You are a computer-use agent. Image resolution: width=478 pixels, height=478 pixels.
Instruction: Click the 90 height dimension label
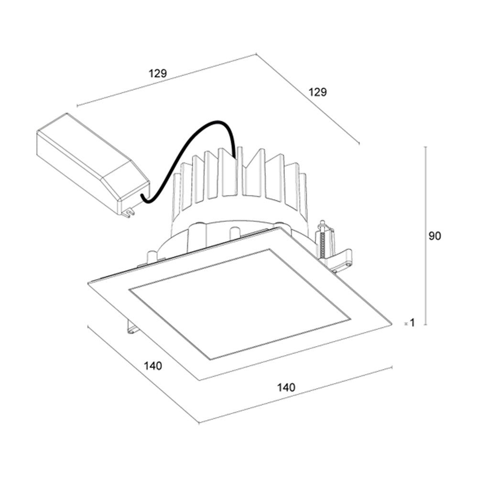[435, 236]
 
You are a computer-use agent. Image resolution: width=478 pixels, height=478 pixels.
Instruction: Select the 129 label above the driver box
[157, 74]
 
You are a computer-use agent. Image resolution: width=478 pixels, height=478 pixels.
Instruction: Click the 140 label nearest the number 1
[286, 387]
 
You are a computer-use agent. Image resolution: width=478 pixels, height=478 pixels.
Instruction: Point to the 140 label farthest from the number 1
[153, 367]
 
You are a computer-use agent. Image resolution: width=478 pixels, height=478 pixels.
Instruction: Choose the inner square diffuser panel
[239, 304]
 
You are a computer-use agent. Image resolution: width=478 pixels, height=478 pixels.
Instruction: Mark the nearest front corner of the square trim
[199, 380]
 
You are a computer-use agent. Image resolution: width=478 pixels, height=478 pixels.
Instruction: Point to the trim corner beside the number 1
[391, 324]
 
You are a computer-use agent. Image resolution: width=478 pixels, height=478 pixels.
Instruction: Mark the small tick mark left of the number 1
[405, 324]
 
